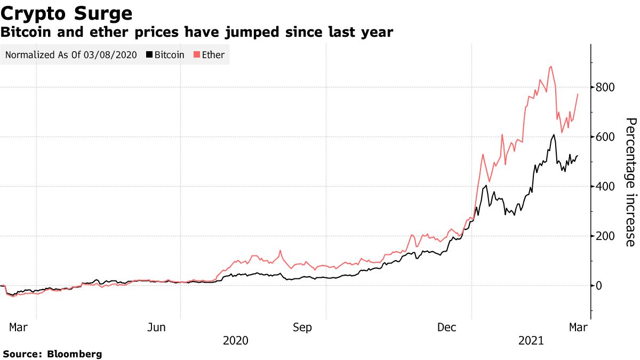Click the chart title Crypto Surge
(67, 12)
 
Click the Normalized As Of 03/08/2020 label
(71, 54)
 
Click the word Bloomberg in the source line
(75, 354)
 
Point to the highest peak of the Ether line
(550, 67)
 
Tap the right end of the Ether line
(578, 94)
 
